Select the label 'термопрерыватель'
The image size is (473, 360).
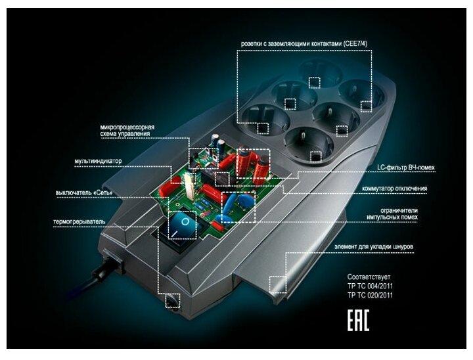pyautogui.click(x=79, y=222)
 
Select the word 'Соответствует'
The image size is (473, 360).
pyautogui.click(x=369, y=277)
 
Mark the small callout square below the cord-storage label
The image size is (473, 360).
pyautogui.click(x=277, y=283)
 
